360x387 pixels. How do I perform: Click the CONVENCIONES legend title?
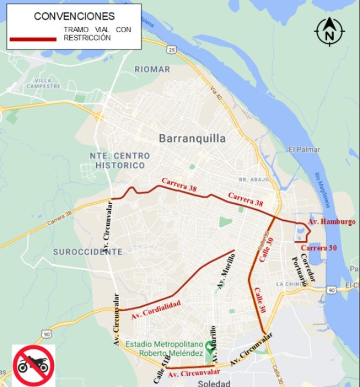(74, 16)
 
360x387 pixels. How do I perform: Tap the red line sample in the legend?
(33, 39)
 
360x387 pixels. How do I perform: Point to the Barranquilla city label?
(192, 139)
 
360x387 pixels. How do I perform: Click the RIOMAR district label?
(152, 69)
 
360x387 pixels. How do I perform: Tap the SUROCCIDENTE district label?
(88, 252)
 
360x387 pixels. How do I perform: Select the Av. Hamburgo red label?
(332, 221)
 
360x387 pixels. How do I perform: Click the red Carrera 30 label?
(319, 248)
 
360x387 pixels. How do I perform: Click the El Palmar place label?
(304, 149)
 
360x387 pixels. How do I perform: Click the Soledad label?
(213, 383)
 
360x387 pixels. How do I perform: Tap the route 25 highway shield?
(171, 50)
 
